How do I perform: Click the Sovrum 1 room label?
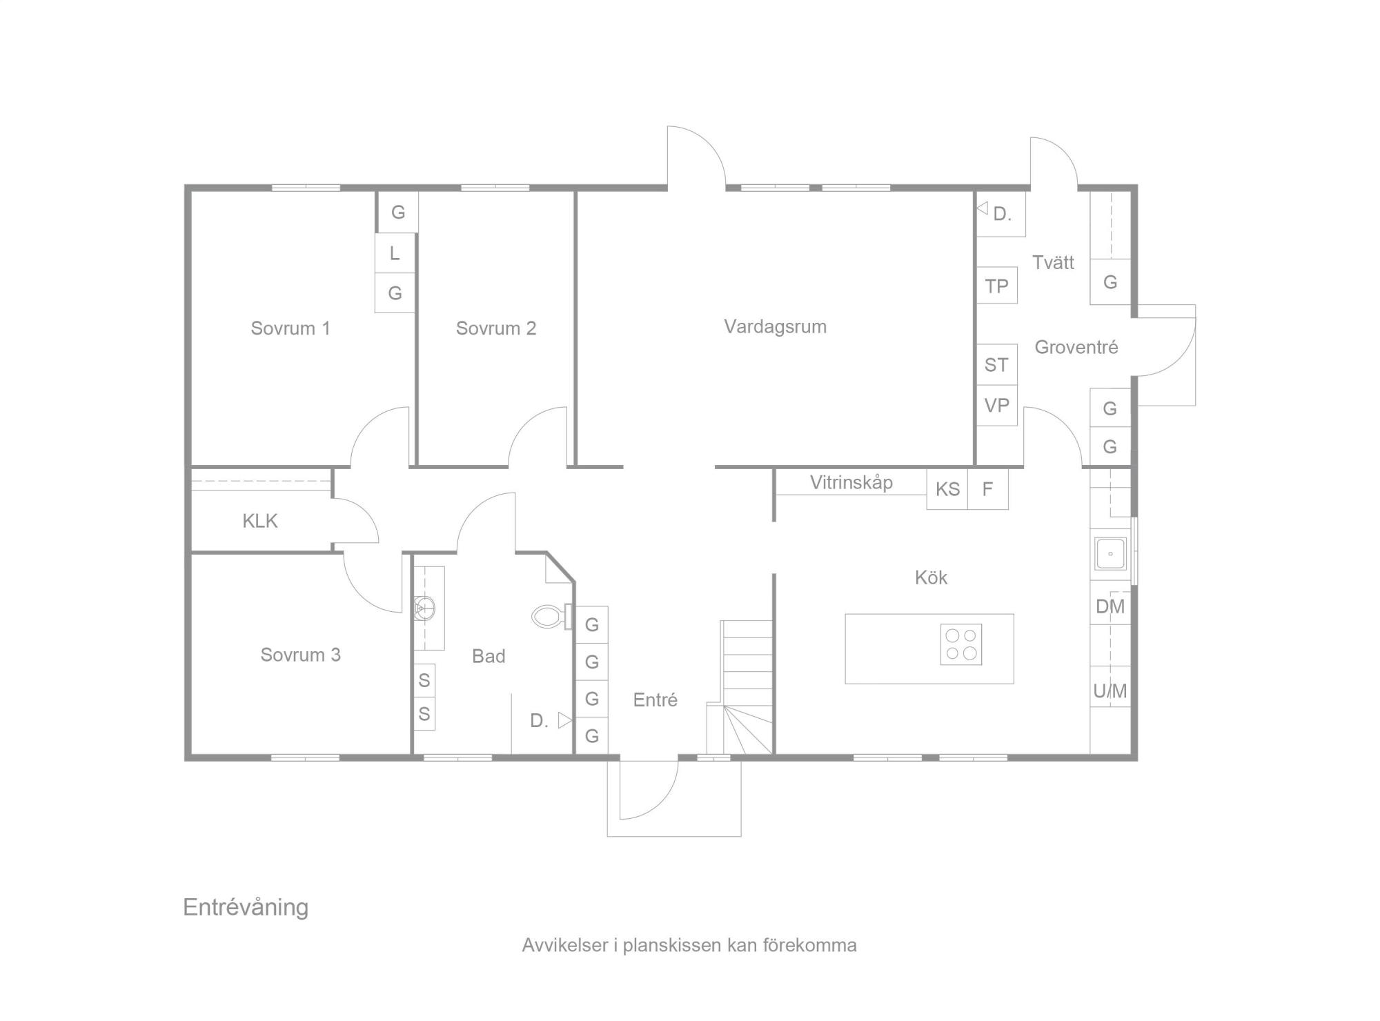(x=290, y=328)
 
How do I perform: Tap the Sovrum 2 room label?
(x=496, y=328)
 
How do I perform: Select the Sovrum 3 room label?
(x=300, y=655)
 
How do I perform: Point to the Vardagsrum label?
(x=775, y=327)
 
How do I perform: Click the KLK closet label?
(x=260, y=521)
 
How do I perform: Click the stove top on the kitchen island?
(x=961, y=644)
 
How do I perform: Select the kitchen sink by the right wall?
(x=1110, y=554)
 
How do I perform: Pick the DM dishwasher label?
(x=1110, y=607)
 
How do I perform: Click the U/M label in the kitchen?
(x=1110, y=691)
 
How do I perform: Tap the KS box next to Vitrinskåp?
(x=947, y=489)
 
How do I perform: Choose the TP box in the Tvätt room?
(x=997, y=286)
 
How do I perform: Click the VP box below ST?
(x=997, y=406)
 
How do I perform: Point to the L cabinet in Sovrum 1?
(x=395, y=253)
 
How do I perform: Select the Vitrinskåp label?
(x=851, y=482)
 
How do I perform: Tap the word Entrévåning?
(x=246, y=907)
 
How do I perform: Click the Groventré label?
(x=1076, y=347)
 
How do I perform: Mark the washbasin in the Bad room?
(x=425, y=608)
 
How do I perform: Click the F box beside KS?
(x=988, y=489)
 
